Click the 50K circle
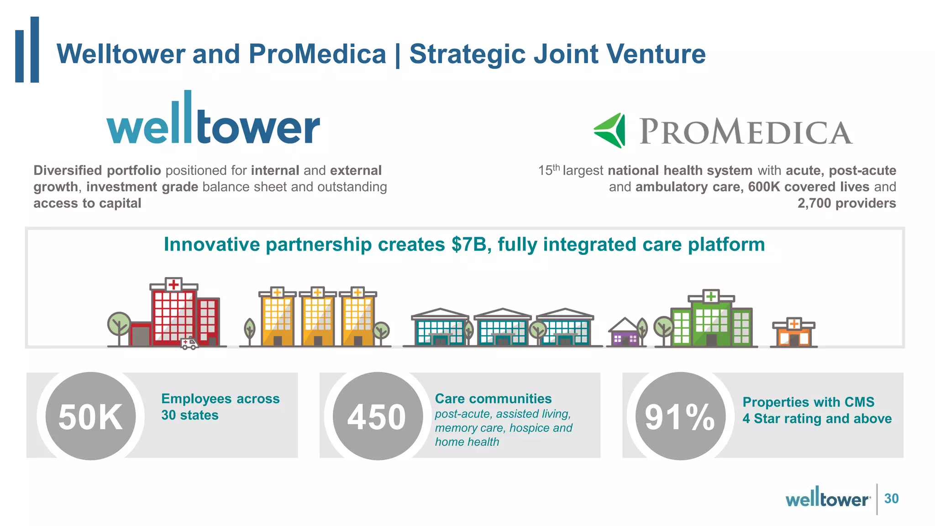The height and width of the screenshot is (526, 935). tap(90, 416)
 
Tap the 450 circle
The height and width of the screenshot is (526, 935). tap(378, 416)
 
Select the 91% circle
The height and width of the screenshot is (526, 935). tap(680, 416)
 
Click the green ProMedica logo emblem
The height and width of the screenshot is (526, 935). tap(610, 131)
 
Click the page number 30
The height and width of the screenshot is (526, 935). tap(891, 498)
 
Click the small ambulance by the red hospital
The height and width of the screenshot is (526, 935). tap(189, 343)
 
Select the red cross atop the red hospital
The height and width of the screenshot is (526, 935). tap(173, 284)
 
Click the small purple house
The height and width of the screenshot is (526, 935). tap(625, 333)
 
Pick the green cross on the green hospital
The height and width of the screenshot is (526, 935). tap(711, 297)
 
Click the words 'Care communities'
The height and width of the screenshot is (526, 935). tap(493, 399)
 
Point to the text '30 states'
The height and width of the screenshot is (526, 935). tap(190, 415)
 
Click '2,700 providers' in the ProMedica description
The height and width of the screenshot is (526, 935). tap(846, 203)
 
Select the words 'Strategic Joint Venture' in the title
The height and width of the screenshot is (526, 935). tap(557, 54)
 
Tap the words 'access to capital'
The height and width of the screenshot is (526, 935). tap(87, 203)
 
